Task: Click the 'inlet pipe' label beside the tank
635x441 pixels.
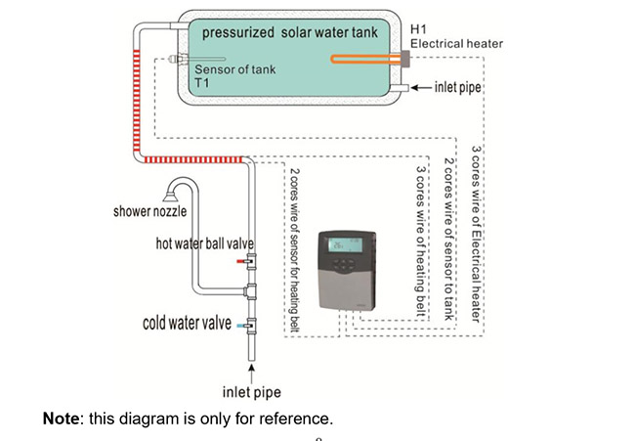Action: [459, 88]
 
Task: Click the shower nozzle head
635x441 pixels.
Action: [176, 187]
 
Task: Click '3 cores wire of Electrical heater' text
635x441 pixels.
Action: [476, 226]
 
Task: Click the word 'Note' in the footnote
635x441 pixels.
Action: [62, 419]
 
